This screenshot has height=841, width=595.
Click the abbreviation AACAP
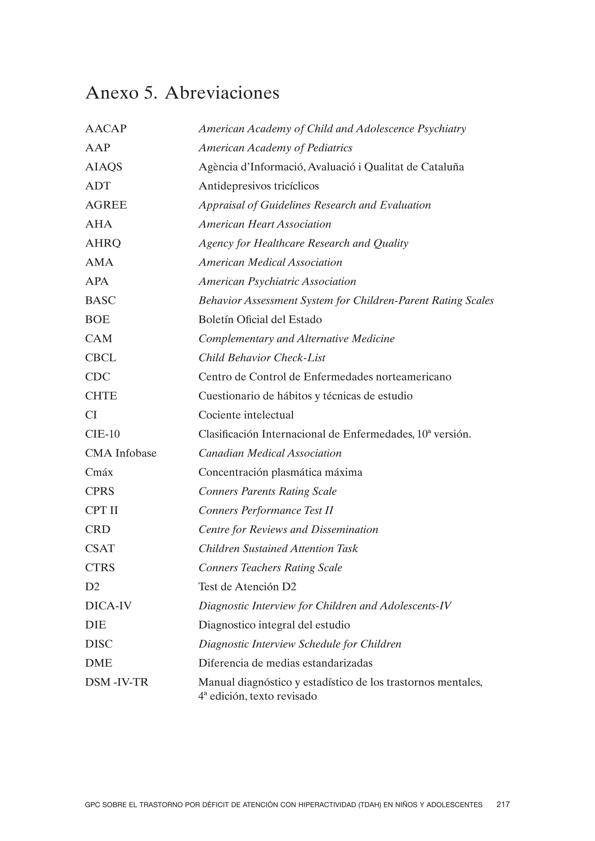pyautogui.click(x=105, y=129)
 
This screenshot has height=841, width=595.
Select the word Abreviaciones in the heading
pyautogui.click(x=222, y=93)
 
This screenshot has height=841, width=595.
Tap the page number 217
pyautogui.click(x=503, y=805)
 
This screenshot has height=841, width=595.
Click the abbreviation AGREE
pyautogui.click(x=106, y=205)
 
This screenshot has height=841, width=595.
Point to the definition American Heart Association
pyautogui.click(x=265, y=224)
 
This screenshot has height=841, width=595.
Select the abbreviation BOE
pyautogui.click(x=97, y=319)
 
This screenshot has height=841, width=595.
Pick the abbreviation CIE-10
pyautogui.click(x=102, y=434)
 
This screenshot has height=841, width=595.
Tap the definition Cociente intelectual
pyautogui.click(x=246, y=415)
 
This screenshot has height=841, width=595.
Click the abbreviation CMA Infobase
pyautogui.click(x=121, y=453)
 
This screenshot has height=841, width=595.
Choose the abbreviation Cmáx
pyautogui.click(x=99, y=472)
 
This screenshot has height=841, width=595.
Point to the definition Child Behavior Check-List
pyautogui.click(x=261, y=358)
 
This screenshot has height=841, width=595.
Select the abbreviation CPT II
pyautogui.click(x=101, y=510)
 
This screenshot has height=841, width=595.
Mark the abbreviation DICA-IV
pyautogui.click(x=108, y=606)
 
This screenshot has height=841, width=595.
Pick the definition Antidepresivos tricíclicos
pyautogui.click(x=258, y=186)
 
